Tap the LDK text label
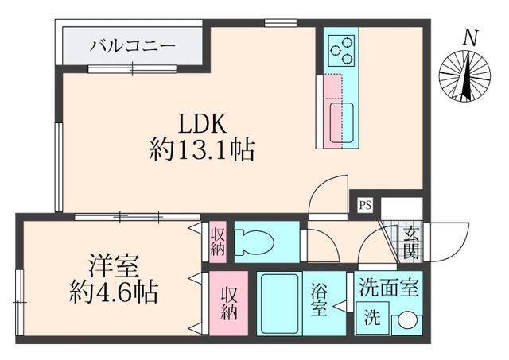click(203, 123)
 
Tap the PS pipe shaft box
click(365, 204)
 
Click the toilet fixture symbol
click(258, 240)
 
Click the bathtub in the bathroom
click(278, 306)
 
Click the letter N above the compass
click(471, 37)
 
